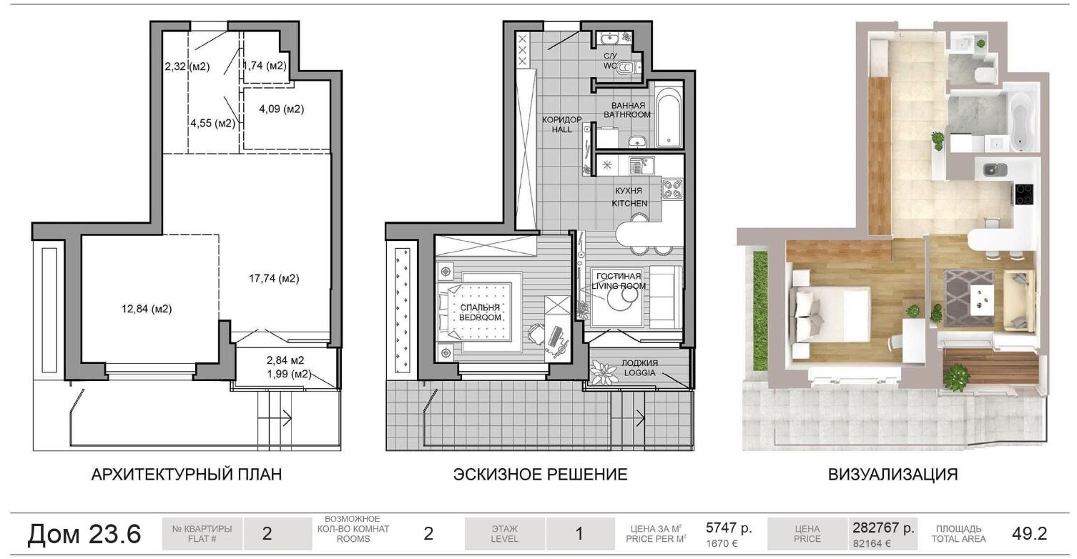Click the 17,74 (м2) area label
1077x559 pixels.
[x=274, y=278]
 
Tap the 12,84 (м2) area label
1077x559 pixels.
[x=147, y=309]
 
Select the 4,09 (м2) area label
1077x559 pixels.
[x=282, y=109]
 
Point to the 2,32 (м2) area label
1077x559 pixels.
[x=187, y=66]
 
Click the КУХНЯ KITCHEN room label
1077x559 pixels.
[x=629, y=197]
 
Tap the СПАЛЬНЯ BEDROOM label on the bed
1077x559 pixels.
[x=480, y=312]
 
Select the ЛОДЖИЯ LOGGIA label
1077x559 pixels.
[x=639, y=367]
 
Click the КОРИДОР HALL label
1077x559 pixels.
[x=561, y=124]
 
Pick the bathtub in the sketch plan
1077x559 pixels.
[x=669, y=117]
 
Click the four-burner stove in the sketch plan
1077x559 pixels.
[x=672, y=189]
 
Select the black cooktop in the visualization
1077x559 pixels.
[x=1025, y=194]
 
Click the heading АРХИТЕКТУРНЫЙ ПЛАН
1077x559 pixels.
[x=187, y=475]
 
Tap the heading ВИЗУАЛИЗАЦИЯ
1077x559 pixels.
[x=893, y=475]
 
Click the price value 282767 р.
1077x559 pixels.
[x=883, y=528]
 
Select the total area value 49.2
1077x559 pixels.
[x=1029, y=533]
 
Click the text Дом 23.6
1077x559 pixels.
[x=84, y=533]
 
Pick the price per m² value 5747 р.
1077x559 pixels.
[x=729, y=528]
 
